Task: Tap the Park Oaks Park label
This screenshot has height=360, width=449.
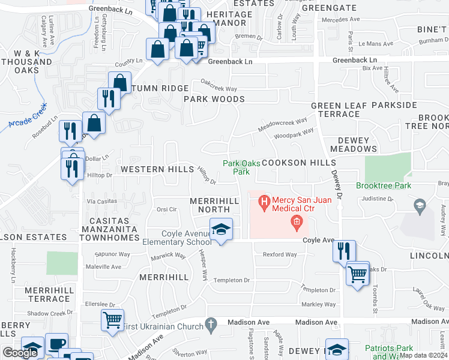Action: point(236,167)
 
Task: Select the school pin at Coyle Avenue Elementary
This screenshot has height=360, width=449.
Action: point(221,229)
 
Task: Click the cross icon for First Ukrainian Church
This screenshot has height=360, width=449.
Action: point(210,325)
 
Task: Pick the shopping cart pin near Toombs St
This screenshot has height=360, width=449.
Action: point(358,274)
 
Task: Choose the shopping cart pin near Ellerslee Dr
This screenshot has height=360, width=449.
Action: point(112,321)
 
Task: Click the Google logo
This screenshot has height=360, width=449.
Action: point(20,353)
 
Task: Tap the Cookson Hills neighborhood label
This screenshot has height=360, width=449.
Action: point(292,163)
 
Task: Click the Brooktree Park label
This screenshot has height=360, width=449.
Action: point(384,186)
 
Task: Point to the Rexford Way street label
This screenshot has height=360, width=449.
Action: point(280,254)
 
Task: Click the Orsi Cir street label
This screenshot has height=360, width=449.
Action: point(166,209)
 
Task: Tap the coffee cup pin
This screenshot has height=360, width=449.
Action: point(56,344)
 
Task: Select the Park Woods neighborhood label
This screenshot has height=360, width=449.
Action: point(214,99)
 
